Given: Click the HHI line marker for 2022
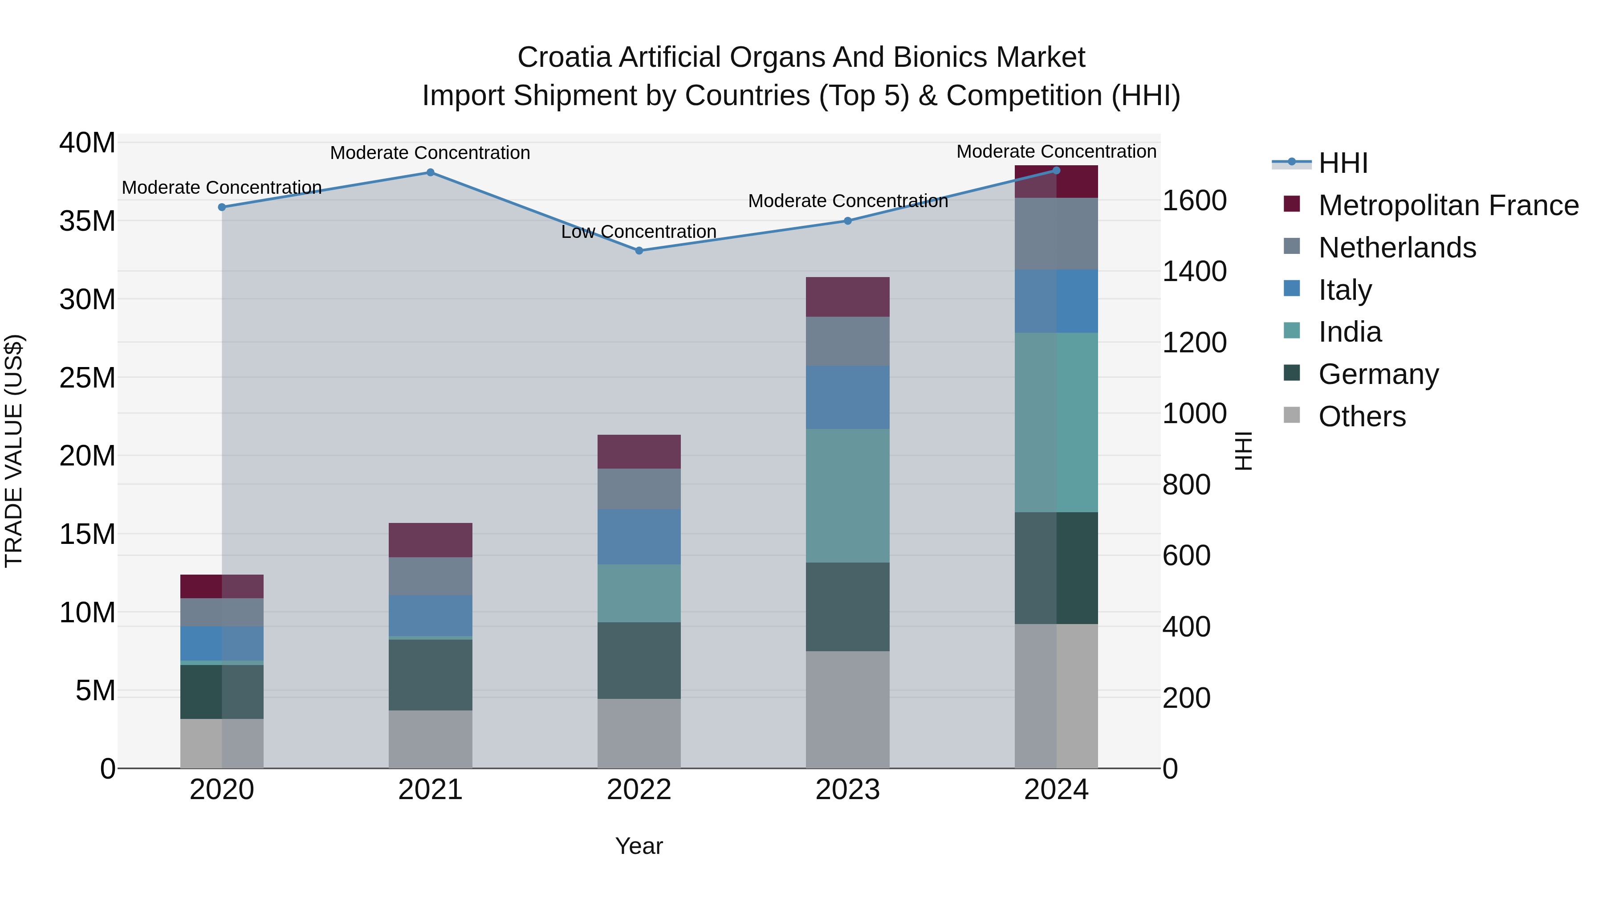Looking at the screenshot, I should pyautogui.click(x=639, y=251).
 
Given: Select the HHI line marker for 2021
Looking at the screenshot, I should pyautogui.click(x=431, y=172).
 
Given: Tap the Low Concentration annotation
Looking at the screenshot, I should pyautogui.click(x=639, y=232).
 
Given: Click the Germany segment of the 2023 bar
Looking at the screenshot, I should pyautogui.click(x=847, y=607).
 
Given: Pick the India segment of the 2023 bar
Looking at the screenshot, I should pyautogui.click(x=847, y=495).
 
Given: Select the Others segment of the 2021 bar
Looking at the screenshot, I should pyautogui.click(x=431, y=739).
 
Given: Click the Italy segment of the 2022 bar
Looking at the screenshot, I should pyautogui.click(x=639, y=537).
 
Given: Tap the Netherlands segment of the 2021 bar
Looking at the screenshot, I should pyautogui.click(x=431, y=576).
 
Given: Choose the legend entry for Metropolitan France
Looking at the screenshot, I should pyautogui.click(x=1448, y=205).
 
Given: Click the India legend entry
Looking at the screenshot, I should pyautogui.click(x=1350, y=332).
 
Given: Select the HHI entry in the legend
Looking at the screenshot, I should pyautogui.click(x=1343, y=163).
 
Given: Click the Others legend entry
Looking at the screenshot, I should pyautogui.click(x=1362, y=416).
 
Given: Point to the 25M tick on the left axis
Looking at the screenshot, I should pyautogui.click(x=87, y=378).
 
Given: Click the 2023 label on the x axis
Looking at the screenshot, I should pyautogui.click(x=847, y=790).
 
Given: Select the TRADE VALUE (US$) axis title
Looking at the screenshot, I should pyautogui.click(x=14, y=451).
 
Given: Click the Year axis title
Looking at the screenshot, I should pyautogui.click(x=639, y=846).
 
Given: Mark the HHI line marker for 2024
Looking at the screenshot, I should pyautogui.click(x=1056, y=170).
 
